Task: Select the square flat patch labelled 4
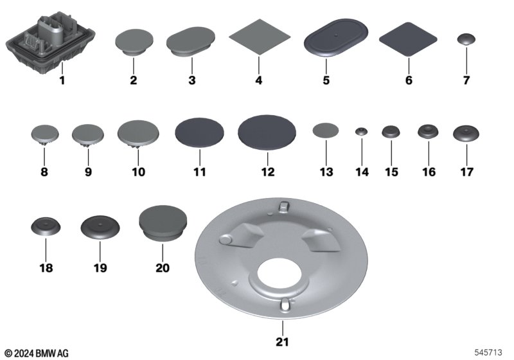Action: pos(260,37)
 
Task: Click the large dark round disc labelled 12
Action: pos(267,132)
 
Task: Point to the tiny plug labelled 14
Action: pos(361,131)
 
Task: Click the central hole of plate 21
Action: pos(283,274)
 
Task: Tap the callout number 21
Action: pos(282,342)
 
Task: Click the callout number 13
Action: pos(326,172)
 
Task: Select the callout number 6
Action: pos(409,80)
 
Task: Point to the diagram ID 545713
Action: pos(488,352)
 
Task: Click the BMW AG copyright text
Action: pos(37,353)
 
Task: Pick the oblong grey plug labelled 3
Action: pos(191,41)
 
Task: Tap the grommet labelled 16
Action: pos(428,132)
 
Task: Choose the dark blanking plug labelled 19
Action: pos(100,227)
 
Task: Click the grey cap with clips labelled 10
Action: pos(138,134)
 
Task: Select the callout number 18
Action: pos(46,268)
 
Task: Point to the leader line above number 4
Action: pos(259,66)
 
